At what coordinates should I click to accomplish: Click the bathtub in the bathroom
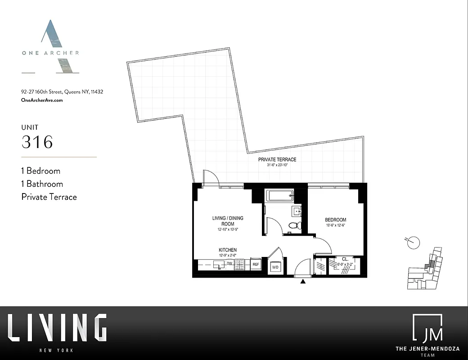pos(279,196)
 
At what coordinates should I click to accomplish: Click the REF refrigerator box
pos(256,265)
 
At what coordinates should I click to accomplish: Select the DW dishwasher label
pos(229,263)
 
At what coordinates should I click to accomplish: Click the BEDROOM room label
pos(336,220)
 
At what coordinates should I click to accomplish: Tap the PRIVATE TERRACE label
pos(277,160)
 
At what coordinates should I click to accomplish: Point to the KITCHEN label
pos(228,250)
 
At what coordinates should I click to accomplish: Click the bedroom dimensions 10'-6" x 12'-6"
pos(336,225)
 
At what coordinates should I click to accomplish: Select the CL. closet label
pos(345,259)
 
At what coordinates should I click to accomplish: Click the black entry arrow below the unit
pos(303,282)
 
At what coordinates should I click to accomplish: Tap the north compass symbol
pos(413,243)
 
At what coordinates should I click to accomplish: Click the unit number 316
pos(37,142)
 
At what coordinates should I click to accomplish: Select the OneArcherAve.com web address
pos(42,100)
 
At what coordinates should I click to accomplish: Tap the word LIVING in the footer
pos(57,328)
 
